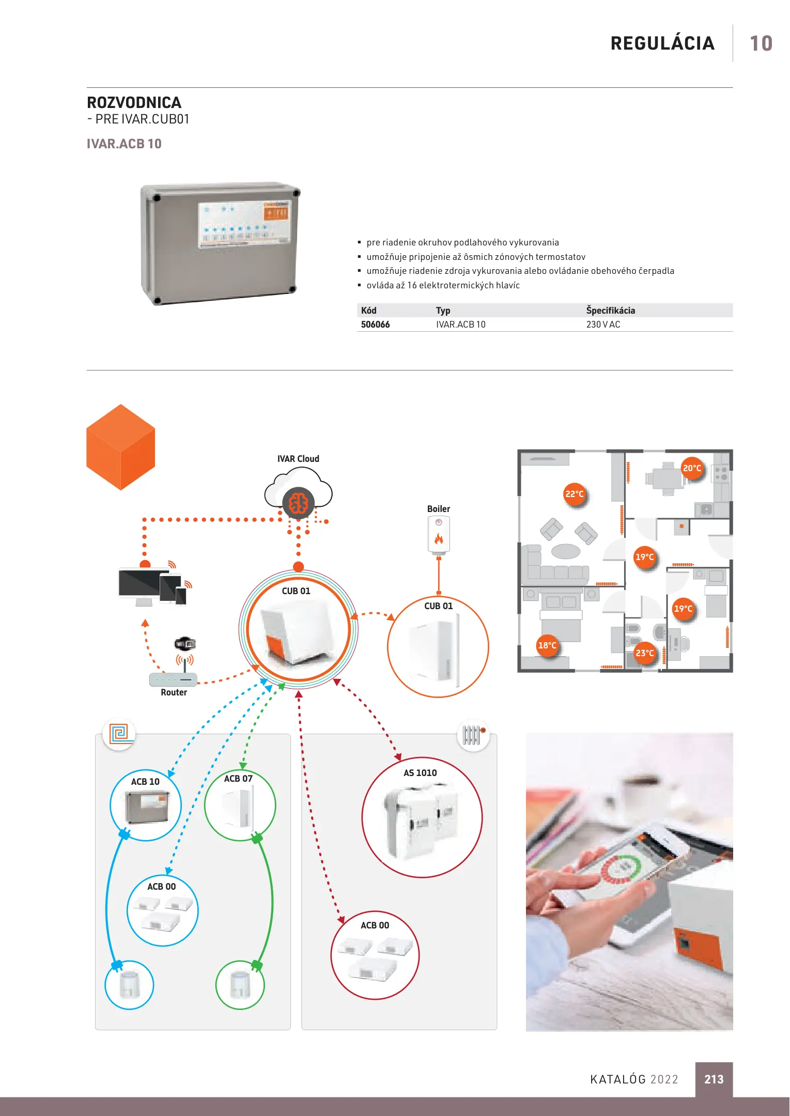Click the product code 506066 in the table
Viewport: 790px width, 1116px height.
coord(375,324)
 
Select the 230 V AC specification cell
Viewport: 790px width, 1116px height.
coord(603,324)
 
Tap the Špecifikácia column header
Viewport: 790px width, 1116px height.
coord(610,311)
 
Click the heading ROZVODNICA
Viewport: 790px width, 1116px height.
coord(134,102)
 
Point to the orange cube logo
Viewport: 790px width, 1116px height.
coord(120,447)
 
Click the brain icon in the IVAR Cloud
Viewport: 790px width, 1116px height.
coord(298,503)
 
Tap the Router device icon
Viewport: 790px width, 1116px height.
coord(173,679)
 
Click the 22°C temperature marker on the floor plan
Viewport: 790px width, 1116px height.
coord(574,494)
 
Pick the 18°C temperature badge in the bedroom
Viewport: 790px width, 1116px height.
coord(547,645)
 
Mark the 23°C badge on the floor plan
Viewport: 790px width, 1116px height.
coord(644,653)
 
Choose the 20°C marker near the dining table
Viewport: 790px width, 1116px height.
coord(692,468)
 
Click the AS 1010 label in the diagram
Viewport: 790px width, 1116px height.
coord(420,773)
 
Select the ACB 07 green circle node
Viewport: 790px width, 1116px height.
coord(240,805)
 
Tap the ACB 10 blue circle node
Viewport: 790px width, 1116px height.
coord(146,805)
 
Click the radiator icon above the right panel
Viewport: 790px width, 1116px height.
coord(473,735)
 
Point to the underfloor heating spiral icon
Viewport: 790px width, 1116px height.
coord(119,733)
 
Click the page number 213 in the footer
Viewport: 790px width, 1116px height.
coord(714,1079)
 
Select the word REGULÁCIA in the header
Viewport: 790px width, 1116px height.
coord(662,43)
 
